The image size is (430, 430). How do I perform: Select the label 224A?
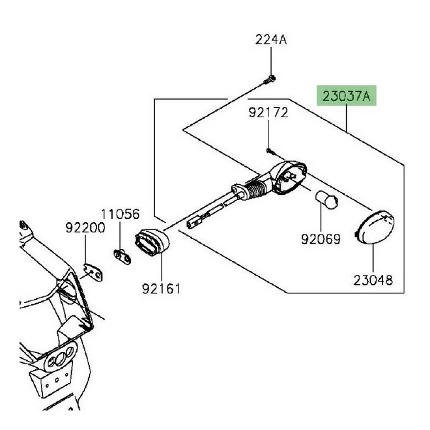[270, 40]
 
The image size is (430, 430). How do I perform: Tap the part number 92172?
[267, 113]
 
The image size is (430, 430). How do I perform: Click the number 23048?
[374, 281]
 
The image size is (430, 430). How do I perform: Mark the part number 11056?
[120, 213]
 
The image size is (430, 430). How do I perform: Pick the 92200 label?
[85, 228]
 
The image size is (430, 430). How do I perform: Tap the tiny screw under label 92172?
[269, 150]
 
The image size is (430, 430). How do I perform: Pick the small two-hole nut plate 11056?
[121, 257]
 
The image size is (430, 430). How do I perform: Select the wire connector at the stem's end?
[194, 222]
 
